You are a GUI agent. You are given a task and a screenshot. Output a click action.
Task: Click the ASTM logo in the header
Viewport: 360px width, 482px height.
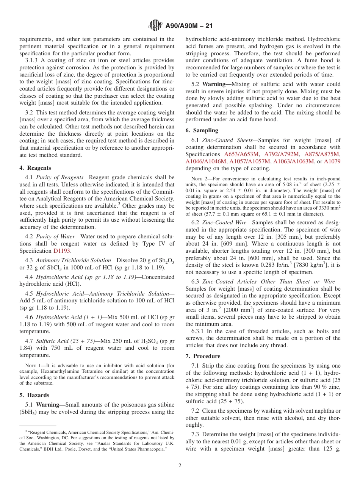point(155,26)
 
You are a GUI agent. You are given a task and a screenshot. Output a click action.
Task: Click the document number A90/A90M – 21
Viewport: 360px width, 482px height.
point(189,26)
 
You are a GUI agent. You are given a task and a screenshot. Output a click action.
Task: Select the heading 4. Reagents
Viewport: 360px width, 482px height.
point(35,168)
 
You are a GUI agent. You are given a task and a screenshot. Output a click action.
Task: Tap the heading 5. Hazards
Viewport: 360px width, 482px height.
point(33,395)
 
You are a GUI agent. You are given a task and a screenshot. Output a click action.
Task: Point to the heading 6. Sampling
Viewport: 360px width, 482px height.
point(202,130)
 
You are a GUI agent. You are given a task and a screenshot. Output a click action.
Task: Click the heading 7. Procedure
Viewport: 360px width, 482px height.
point(203,356)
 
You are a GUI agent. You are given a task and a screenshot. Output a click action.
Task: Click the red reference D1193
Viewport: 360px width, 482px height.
point(62,251)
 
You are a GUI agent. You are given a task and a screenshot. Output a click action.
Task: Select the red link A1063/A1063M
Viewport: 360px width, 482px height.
point(294,161)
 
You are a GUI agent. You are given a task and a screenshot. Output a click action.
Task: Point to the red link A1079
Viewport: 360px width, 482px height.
point(332,161)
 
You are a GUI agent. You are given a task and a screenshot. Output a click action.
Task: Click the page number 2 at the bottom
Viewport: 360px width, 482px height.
point(180,466)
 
